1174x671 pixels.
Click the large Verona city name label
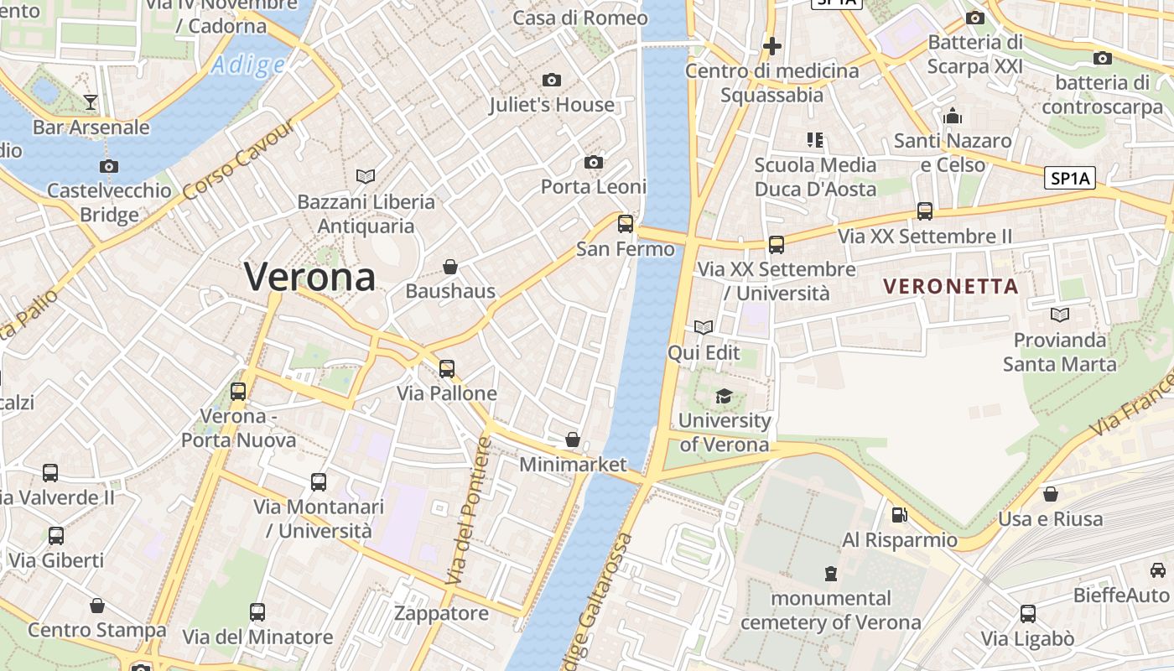(309, 277)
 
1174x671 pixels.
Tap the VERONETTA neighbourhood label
(951, 286)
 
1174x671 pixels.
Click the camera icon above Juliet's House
(551, 81)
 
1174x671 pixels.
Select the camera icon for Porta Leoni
(594, 162)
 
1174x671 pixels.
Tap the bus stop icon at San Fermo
(626, 224)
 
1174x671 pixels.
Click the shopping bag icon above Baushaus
(450, 268)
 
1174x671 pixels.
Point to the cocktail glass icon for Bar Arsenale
(91, 102)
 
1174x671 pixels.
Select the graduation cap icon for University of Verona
(724, 396)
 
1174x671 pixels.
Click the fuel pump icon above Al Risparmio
(899, 515)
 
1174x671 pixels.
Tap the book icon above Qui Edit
(703, 328)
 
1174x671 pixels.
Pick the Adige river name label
(247, 65)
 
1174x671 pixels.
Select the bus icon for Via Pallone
(447, 369)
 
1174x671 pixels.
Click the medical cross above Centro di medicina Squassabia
(771, 46)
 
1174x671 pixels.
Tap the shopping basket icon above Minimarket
(573, 440)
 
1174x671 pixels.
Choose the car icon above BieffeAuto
(1157, 570)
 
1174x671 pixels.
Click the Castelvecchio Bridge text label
(109, 202)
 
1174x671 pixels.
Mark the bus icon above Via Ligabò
(1028, 614)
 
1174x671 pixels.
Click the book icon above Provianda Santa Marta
(1060, 315)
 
